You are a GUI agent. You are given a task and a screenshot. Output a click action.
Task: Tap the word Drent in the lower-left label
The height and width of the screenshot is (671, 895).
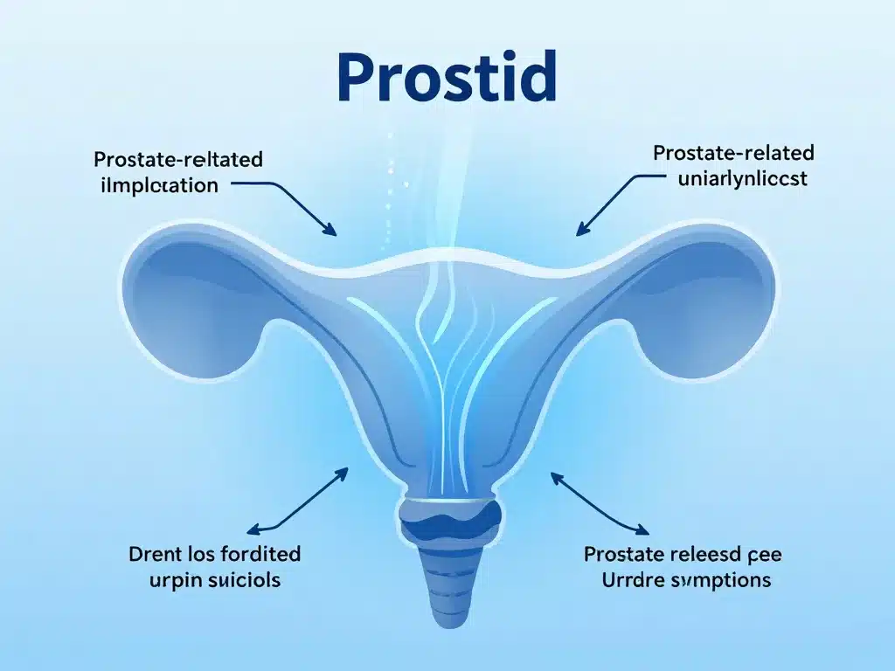(157, 554)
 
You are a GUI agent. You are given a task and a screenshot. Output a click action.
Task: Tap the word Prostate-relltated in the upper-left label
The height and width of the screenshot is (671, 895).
(177, 160)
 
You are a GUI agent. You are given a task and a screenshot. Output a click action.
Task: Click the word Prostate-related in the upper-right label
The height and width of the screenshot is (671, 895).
(733, 154)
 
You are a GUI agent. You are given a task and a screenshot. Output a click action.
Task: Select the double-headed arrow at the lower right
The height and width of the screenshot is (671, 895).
(600, 503)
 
